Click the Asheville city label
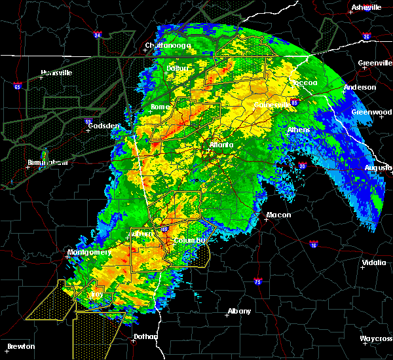tap(366, 7)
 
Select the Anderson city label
tap(360, 87)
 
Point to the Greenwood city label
tap(371, 112)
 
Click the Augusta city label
tap(379, 168)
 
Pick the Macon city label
tap(278, 215)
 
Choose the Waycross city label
tap(376, 338)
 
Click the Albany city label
tap(239, 311)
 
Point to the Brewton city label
tap(21, 346)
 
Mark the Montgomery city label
tap(88, 253)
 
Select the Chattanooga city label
tap(168, 45)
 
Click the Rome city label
tap(160, 107)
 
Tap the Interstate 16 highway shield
tap(312, 244)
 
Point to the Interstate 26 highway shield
tap(367, 37)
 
